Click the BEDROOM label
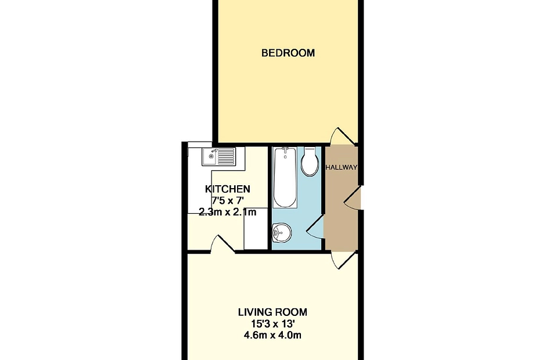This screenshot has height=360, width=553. pyautogui.click(x=288, y=53)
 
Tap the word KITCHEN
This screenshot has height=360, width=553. pyautogui.click(x=228, y=189)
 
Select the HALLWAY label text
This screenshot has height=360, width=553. pyautogui.click(x=341, y=167)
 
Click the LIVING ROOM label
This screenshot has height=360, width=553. pyautogui.click(x=272, y=312)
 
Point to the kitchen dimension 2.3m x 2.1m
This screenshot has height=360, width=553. pyautogui.click(x=228, y=213)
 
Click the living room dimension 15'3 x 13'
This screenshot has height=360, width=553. pyautogui.click(x=272, y=323)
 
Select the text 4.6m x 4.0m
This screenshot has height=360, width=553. pyautogui.click(x=272, y=335)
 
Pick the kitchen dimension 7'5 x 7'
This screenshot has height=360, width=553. pyautogui.click(x=228, y=201)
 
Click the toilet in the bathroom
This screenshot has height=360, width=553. pyautogui.click(x=310, y=162)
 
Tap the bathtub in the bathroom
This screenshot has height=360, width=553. pyautogui.click(x=285, y=177)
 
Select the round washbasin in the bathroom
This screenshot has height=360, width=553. pyautogui.click(x=282, y=232)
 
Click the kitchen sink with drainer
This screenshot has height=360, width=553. pyautogui.click(x=218, y=157)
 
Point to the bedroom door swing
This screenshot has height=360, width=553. pyautogui.click(x=340, y=136)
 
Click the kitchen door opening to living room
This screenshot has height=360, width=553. pyautogui.click(x=222, y=244)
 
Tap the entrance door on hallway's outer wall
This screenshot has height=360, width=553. pyautogui.click(x=353, y=198)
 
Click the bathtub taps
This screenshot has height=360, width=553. pyautogui.click(x=285, y=151)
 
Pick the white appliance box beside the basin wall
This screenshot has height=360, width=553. pyautogui.click(x=256, y=228)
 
